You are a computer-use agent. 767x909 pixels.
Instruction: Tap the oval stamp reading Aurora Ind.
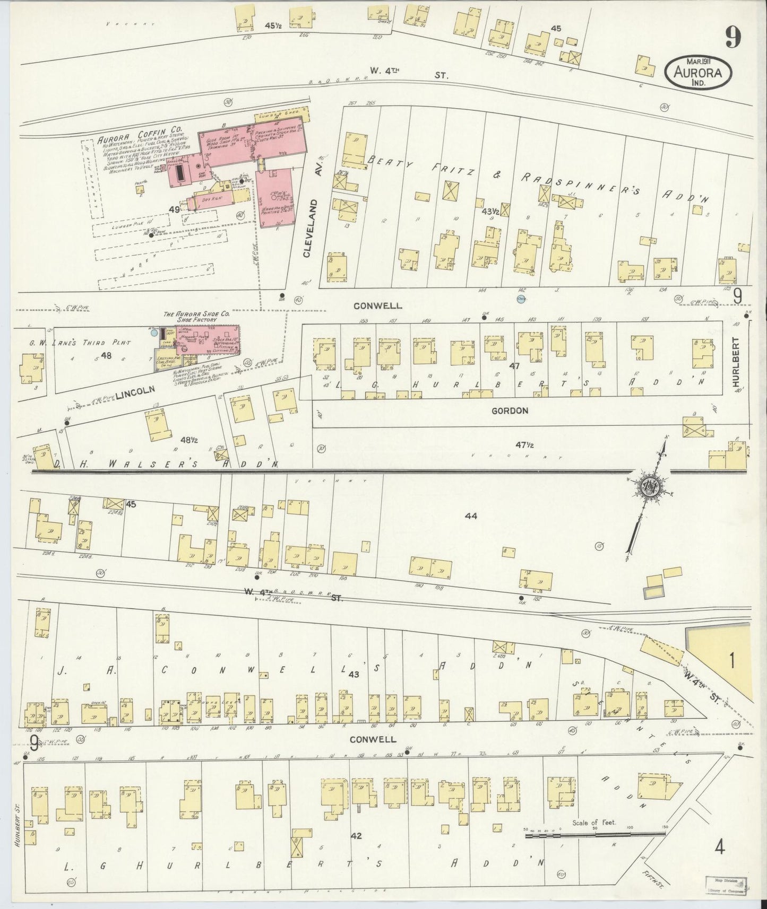[x=698, y=70]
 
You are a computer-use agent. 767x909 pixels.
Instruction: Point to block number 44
[x=471, y=515]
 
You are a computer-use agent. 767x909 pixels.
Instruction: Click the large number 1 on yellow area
[x=732, y=661]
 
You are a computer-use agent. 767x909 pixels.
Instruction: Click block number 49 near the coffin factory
[x=174, y=209]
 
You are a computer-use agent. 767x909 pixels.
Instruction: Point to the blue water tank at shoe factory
[x=154, y=333]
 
